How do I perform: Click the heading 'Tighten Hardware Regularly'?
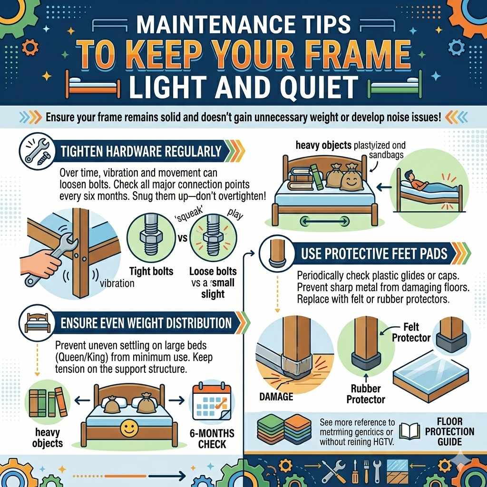tap(141, 152)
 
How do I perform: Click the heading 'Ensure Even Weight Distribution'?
tap(146, 323)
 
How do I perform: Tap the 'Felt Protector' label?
tap(412, 332)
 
